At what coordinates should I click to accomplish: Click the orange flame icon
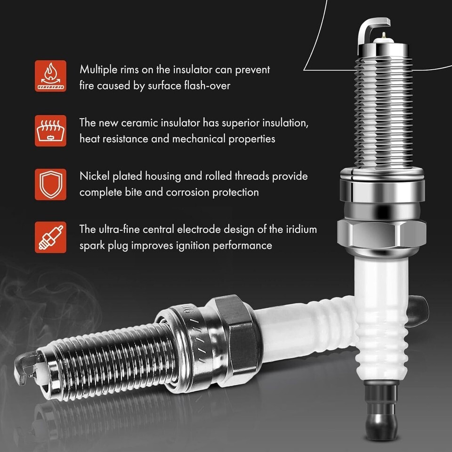50,76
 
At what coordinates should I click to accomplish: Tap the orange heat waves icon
50,130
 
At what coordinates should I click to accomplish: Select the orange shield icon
50,185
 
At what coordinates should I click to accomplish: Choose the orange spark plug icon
50,237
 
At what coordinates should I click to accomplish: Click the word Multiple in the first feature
98,70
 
